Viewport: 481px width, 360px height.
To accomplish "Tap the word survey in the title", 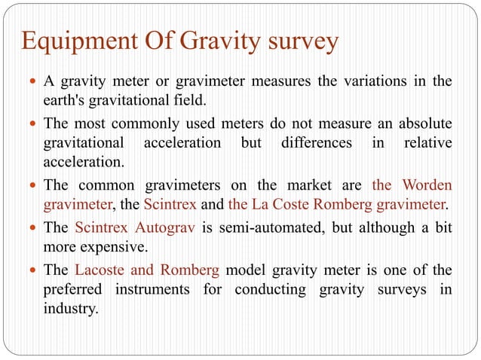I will click(299, 43).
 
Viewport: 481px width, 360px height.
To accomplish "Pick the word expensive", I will click(114, 246).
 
